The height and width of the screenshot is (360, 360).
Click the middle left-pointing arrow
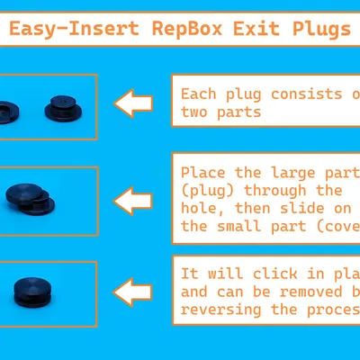click(x=133, y=198)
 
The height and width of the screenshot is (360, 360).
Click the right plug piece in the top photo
click(x=62, y=108)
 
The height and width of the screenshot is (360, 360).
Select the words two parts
click(x=220, y=112)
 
